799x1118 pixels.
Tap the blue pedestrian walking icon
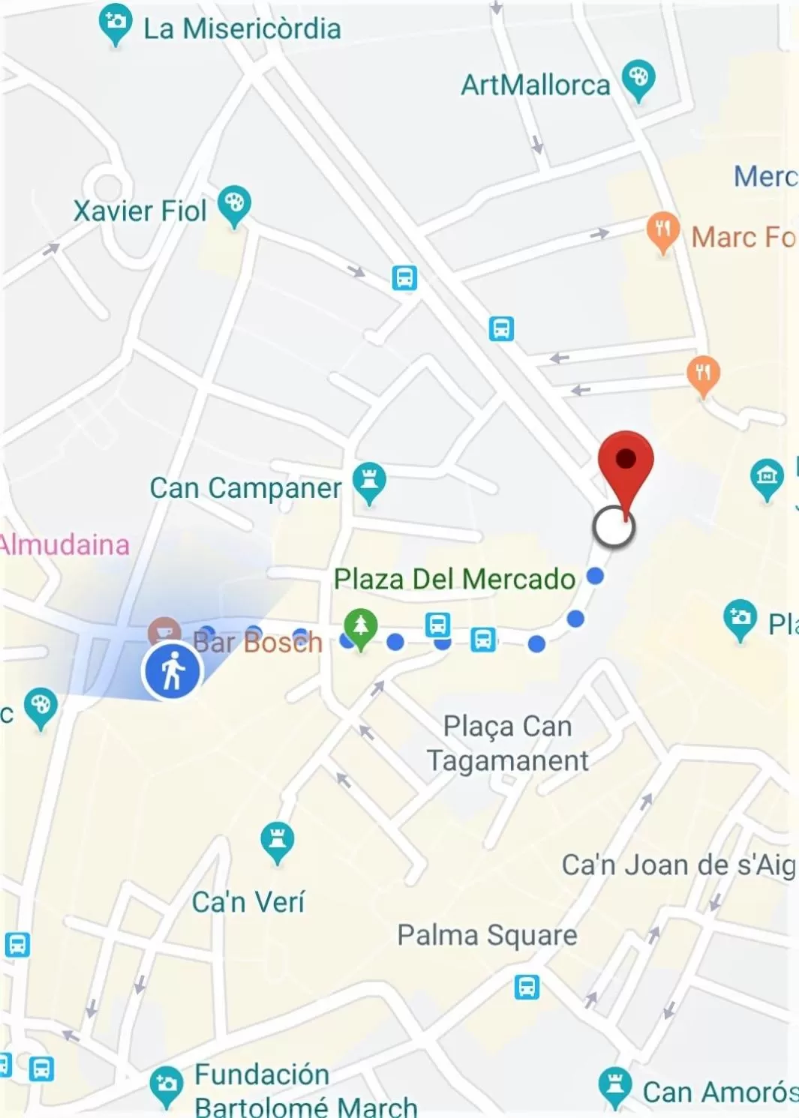pyautogui.click(x=173, y=671)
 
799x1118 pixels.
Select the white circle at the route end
pyautogui.click(x=614, y=526)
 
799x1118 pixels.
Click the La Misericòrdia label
pyautogui.click(x=242, y=28)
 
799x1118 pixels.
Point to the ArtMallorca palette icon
pyautogui.click(x=638, y=78)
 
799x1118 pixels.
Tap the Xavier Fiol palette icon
pyautogui.click(x=234, y=203)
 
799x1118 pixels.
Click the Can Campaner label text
pyautogui.click(x=245, y=488)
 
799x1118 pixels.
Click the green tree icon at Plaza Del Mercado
pyautogui.click(x=361, y=625)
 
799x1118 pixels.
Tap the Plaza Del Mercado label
pyautogui.click(x=454, y=579)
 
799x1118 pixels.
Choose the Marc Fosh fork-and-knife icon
pyautogui.click(x=662, y=229)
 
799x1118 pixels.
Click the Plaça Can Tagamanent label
pyautogui.click(x=508, y=743)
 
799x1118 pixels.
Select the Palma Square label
pyautogui.click(x=487, y=935)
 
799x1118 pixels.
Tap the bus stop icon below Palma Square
pyautogui.click(x=527, y=987)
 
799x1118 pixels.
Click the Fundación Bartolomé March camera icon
pyautogui.click(x=166, y=1084)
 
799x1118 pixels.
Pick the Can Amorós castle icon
pyautogui.click(x=615, y=1084)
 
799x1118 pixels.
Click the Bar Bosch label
pyautogui.click(x=257, y=642)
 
